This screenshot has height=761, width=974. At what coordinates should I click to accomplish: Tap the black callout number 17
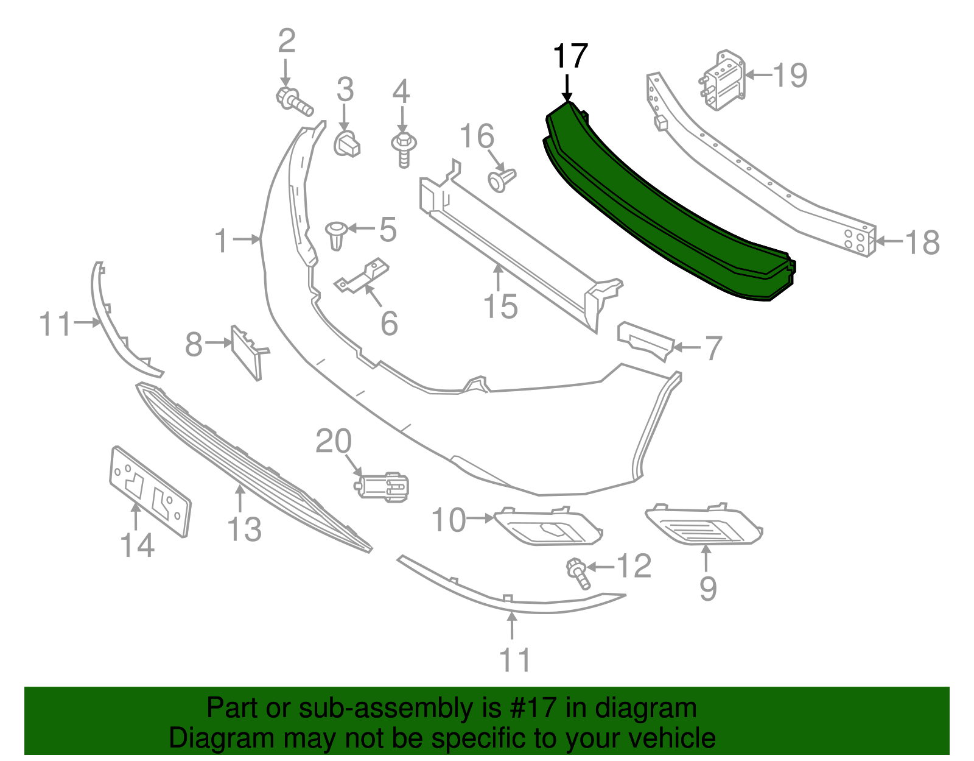pyautogui.click(x=570, y=56)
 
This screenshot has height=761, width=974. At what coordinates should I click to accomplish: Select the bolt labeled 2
pyautogui.click(x=295, y=101)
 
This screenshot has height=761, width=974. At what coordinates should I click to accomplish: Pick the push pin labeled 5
pyautogui.click(x=336, y=235)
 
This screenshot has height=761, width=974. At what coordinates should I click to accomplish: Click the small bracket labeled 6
pyautogui.click(x=363, y=277)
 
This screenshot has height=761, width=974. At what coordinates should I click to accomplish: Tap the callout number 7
pyautogui.click(x=712, y=348)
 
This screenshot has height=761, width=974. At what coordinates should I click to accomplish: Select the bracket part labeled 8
pyautogui.click(x=248, y=352)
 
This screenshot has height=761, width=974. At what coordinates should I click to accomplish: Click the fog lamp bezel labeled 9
pyautogui.click(x=703, y=525)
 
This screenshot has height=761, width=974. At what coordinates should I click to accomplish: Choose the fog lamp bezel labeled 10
pyautogui.click(x=548, y=526)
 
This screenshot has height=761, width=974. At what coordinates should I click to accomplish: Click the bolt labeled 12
pyautogui.click(x=578, y=573)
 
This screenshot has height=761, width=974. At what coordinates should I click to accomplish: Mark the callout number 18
pyautogui.click(x=923, y=242)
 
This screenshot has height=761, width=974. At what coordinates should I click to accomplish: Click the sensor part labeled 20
pyautogui.click(x=384, y=486)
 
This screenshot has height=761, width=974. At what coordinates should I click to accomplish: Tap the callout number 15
pyautogui.click(x=500, y=306)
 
